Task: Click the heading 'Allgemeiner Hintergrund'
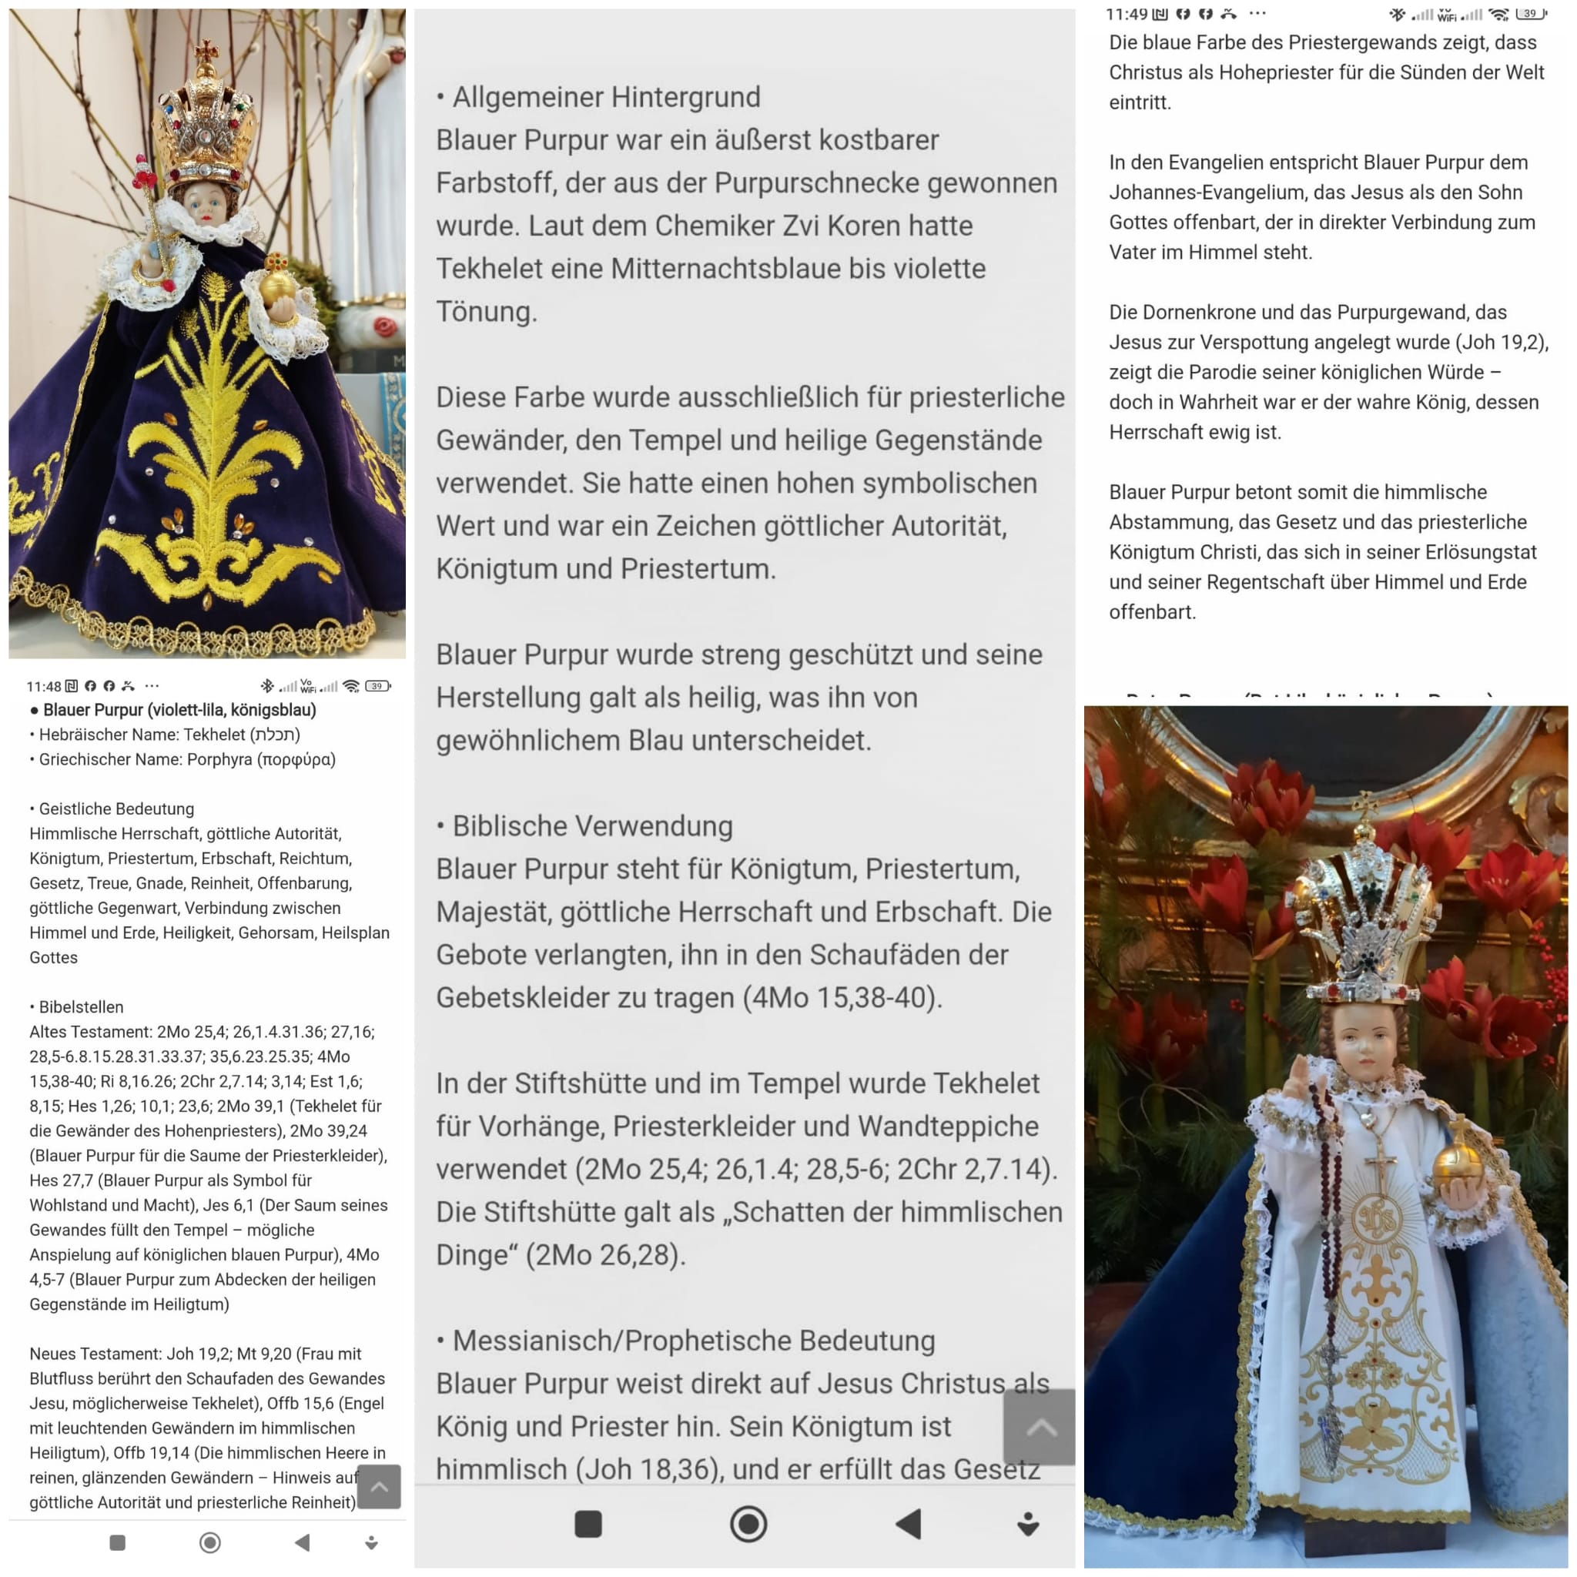[x=606, y=97]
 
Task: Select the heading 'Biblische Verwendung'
[x=592, y=826]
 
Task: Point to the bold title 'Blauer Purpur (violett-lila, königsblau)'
[x=179, y=710]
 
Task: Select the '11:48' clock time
[x=43, y=686]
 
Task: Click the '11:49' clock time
[x=1127, y=14]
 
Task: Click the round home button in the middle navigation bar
[x=748, y=1523]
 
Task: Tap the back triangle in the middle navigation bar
[x=909, y=1523]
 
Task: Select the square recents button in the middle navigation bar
[x=588, y=1523]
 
